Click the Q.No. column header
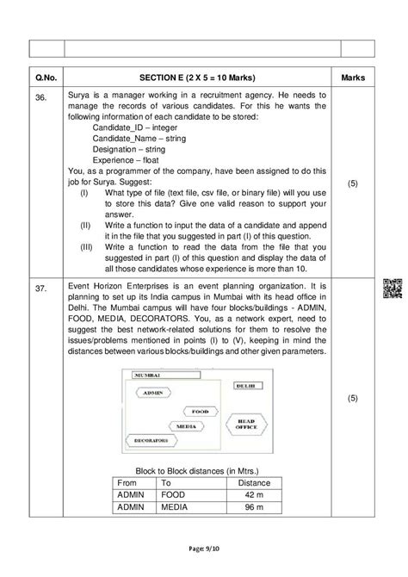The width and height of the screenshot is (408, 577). (46, 78)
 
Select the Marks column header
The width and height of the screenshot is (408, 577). (353, 78)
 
